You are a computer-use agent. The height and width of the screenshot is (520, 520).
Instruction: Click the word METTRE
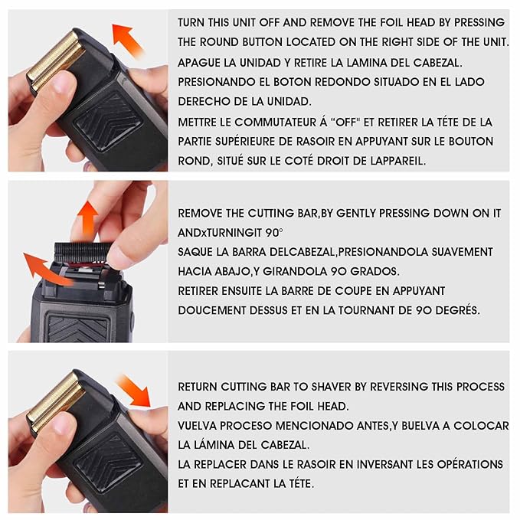[198, 122]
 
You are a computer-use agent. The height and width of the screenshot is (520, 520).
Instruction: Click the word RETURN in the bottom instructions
[199, 386]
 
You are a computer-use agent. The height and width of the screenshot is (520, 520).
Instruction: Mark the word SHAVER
[342, 386]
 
